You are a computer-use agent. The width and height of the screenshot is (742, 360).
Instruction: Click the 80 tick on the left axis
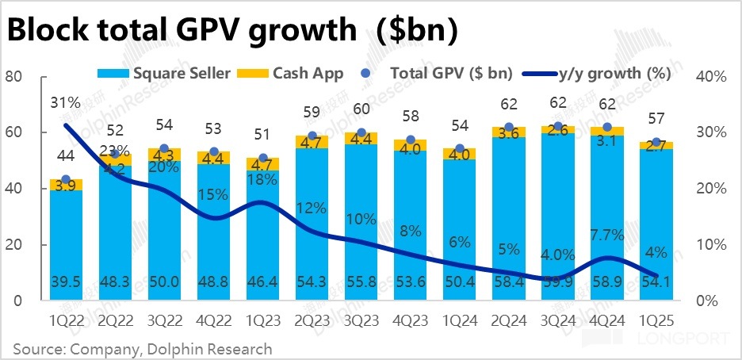tap(12, 77)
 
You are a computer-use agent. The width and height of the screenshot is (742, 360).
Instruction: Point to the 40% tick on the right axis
tap(713, 77)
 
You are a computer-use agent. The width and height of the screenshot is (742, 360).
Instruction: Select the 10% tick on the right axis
tap(713, 245)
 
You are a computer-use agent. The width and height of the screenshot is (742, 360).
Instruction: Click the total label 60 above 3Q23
tap(361, 109)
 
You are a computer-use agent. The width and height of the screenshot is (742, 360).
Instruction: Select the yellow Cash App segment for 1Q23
tap(263, 164)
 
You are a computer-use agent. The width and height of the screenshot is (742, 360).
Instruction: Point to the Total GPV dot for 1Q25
tap(656, 143)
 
